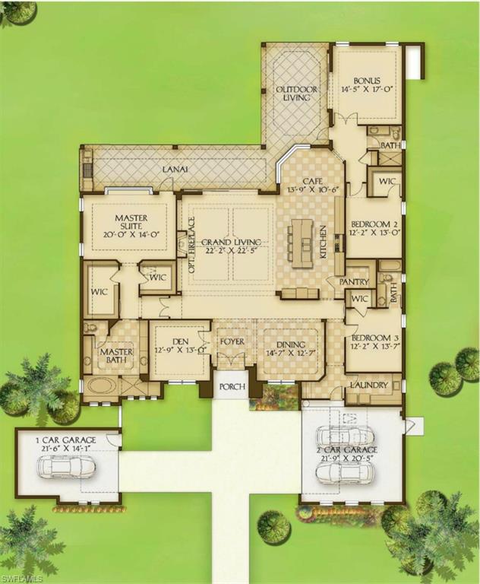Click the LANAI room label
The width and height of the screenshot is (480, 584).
point(174,169)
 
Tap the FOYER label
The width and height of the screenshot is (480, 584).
point(232,341)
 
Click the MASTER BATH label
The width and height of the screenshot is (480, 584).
point(117,356)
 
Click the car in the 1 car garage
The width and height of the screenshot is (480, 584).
point(68,466)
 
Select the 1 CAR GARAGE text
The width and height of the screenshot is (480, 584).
point(67,443)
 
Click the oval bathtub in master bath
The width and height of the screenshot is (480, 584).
point(102,386)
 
